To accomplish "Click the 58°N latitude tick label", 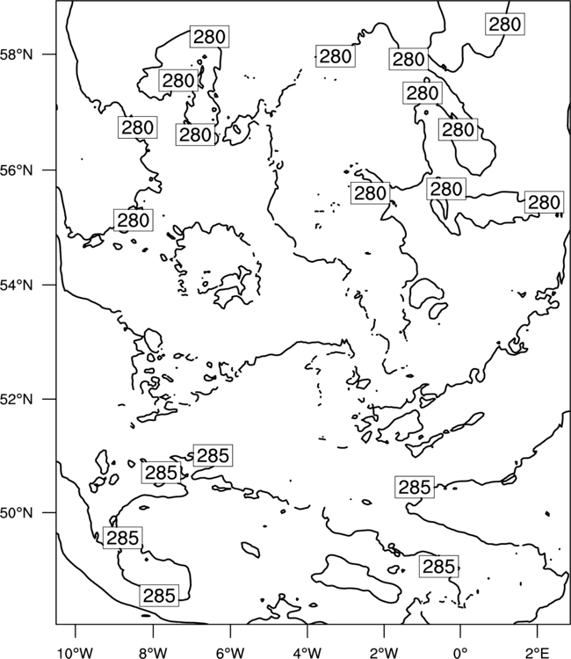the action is pos(17,54).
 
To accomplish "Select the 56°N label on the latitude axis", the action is pos(17,170).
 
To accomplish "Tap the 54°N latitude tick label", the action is pos(17,285).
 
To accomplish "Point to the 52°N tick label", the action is pos(17,398).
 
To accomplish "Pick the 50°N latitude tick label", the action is pos(17,513).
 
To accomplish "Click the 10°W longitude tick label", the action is pos(75,653).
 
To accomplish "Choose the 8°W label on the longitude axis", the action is pos(153,653).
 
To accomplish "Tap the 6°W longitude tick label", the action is pos(230,653).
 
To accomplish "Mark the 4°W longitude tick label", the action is pos(307,653).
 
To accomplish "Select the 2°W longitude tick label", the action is pos(384,653).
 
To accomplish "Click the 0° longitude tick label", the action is pos(460,653).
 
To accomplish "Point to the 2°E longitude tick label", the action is pos(538,653).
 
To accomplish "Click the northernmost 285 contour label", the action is pos(213,455).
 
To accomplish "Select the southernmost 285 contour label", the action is pos(159,595).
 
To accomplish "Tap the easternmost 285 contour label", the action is pos(438,567).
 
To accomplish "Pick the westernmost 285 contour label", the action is pos(123,538).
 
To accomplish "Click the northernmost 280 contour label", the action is pos(505,24).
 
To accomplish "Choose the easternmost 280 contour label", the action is pos(544,202).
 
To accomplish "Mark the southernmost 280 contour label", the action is pos(134,220).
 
